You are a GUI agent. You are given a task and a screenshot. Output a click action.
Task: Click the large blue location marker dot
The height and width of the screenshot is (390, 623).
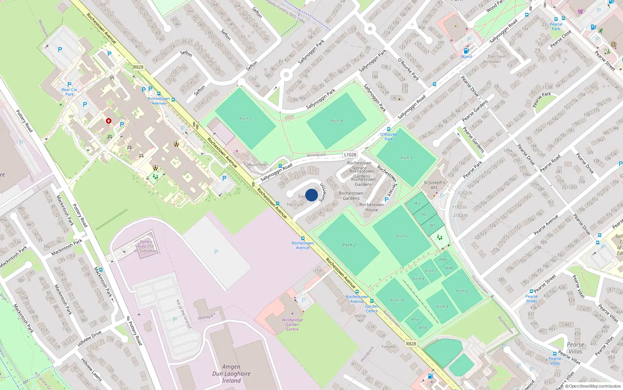311,195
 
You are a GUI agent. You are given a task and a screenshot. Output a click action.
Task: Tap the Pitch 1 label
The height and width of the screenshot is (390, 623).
245,119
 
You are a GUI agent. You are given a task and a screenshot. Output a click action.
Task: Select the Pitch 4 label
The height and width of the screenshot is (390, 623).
336,121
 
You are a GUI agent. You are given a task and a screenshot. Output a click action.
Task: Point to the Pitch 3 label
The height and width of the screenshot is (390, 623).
406,158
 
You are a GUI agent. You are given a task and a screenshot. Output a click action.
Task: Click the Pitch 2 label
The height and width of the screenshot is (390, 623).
349,245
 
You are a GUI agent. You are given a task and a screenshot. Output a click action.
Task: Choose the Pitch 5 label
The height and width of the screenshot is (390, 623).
402,236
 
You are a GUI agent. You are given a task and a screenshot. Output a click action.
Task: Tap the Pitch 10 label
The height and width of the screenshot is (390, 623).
397,300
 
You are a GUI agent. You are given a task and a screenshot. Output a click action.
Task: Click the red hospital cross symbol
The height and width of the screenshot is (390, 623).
109,121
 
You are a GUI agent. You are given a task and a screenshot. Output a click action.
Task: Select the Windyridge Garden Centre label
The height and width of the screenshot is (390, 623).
292,324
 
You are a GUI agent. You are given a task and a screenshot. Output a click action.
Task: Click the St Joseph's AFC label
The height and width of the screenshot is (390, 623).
434,185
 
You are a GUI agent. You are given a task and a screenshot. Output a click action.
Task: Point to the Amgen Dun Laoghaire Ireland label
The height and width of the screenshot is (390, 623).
231,374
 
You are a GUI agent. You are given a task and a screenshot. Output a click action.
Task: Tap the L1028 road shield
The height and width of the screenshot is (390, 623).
350,155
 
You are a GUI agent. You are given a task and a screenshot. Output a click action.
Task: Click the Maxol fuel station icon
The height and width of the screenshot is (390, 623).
466,51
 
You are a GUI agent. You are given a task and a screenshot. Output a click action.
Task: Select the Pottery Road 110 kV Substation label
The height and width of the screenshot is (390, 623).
146,246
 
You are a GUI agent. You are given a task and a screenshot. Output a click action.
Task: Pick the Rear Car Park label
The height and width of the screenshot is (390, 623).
69,92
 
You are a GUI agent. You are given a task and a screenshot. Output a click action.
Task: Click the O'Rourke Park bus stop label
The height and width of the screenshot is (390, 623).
389,136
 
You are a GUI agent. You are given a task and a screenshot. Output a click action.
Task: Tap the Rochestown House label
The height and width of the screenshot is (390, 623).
371,207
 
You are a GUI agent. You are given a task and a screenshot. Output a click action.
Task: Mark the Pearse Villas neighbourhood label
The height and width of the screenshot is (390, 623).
575,348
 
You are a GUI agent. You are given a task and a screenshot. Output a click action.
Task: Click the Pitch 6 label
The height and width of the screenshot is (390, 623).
462,291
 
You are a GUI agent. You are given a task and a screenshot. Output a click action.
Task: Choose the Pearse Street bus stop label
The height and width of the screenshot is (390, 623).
531,299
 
